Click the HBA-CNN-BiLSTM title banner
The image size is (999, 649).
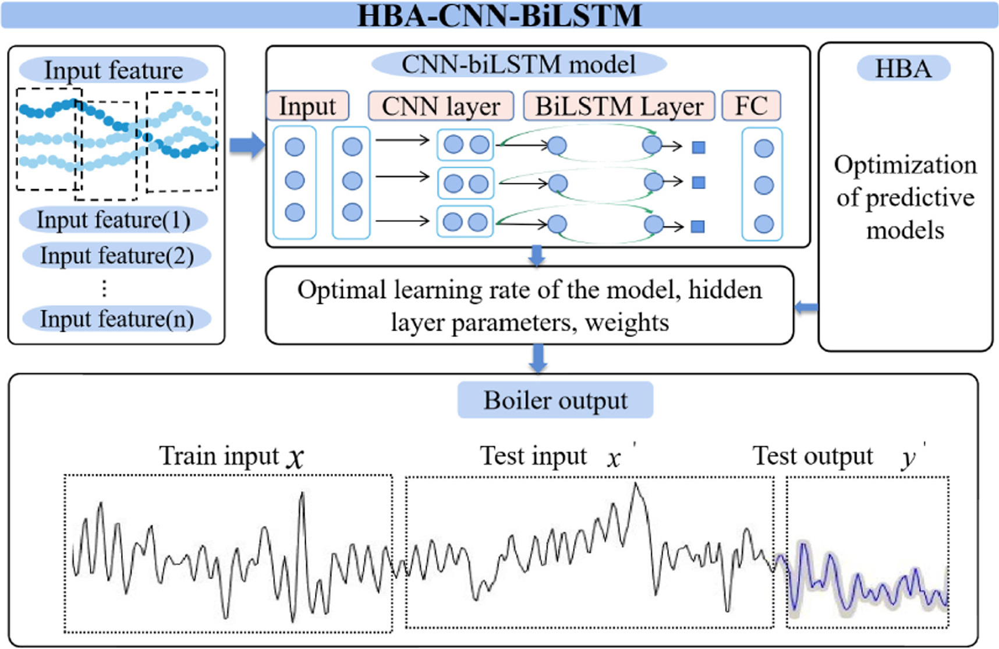499,15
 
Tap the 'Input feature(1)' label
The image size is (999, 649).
114,221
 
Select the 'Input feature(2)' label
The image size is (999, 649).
116,256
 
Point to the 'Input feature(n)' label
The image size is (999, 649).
116,320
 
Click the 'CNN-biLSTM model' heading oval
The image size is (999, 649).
518,65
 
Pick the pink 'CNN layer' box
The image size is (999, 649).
441,107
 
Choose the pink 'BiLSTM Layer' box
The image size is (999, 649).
619,107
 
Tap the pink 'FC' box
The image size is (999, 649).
750,107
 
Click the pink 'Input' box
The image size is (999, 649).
307,107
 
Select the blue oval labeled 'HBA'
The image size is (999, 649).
903,69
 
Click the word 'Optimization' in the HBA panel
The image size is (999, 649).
905,165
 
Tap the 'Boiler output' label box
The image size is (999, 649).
555,400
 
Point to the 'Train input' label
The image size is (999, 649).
220,456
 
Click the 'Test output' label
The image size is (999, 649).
813,456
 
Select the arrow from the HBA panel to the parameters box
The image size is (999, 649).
806,307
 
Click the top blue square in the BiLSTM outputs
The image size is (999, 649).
699,147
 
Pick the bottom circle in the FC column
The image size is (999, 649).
763,224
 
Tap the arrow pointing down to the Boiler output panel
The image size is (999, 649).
538,358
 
